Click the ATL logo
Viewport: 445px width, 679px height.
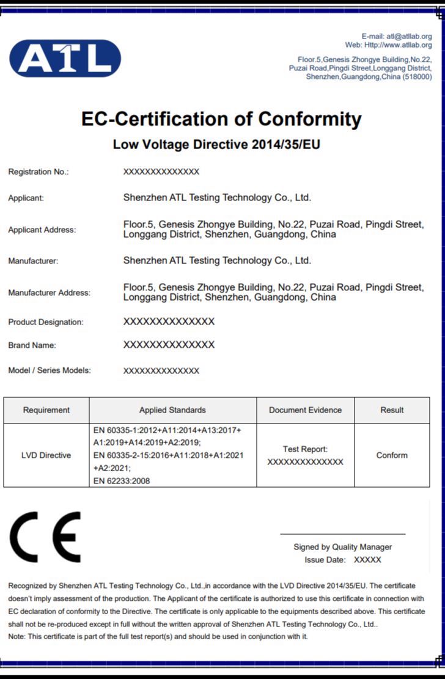pyautogui.click(x=65, y=59)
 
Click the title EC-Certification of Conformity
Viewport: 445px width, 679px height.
pyautogui.click(x=221, y=119)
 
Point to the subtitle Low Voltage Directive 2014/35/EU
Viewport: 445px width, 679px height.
pyautogui.click(x=216, y=145)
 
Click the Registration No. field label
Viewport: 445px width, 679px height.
pyautogui.click(x=39, y=172)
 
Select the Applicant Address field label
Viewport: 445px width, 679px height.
pyautogui.click(x=42, y=230)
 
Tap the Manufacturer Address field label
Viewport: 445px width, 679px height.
pyautogui.click(x=49, y=293)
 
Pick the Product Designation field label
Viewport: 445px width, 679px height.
pyautogui.click(x=46, y=322)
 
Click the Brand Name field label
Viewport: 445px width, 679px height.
pyautogui.click(x=32, y=345)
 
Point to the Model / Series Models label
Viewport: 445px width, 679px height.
pyautogui.click(x=50, y=370)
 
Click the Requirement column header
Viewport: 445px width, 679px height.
pyautogui.click(x=46, y=410)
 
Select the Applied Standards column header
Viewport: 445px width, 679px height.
pyautogui.click(x=172, y=410)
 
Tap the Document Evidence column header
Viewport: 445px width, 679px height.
pyautogui.click(x=305, y=410)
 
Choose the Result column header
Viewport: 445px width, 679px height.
pyautogui.click(x=392, y=410)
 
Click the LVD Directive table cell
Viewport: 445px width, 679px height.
pyautogui.click(x=46, y=455)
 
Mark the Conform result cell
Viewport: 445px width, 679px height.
pyautogui.click(x=392, y=455)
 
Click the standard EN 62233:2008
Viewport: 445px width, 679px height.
pyautogui.click(x=122, y=481)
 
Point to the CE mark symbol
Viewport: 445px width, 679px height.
pyautogui.click(x=45, y=537)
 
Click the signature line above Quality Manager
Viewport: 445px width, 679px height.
pyautogui.click(x=342, y=534)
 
